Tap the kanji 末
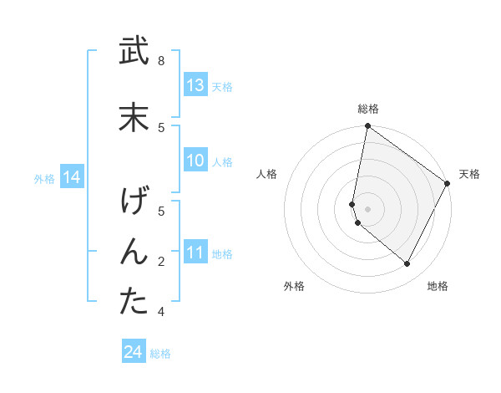coord(134,118)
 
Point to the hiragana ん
coord(134,252)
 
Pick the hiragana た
coord(134,302)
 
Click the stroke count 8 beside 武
coord(161,61)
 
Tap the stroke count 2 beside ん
coord(161,262)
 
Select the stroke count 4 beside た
coord(161,312)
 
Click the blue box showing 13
coord(195,85)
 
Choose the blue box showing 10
coord(195,161)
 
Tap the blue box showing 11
coord(195,253)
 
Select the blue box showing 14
coord(72,177)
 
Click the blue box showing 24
coord(133,353)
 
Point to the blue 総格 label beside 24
coord(160,354)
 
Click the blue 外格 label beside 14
coord(44,178)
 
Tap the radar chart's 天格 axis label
coord(469,174)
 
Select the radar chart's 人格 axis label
coord(266,174)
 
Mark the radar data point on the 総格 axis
coord(367,126)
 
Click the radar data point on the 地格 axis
coord(407,263)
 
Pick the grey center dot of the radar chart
coord(367,208)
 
